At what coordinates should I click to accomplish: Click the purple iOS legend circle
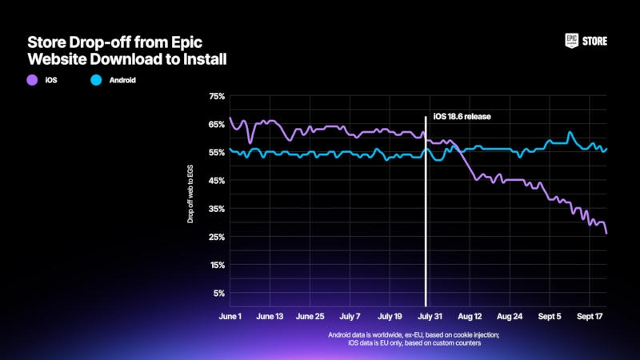pyautogui.click(x=33, y=80)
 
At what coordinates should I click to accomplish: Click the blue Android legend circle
pyautogui.click(x=94, y=80)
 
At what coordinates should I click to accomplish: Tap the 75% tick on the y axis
pyautogui.click(x=216, y=97)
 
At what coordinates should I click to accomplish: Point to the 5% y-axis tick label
pyautogui.click(x=218, y=293)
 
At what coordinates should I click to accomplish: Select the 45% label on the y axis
pyautogui.click(x=216, y=181)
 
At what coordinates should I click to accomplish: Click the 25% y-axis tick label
pyautogui.click(x=216, y=237)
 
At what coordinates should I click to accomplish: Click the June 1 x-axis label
pyautogui.click(x=230, y=317)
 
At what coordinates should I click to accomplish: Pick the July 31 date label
pyautogui.click(x=430, y=317)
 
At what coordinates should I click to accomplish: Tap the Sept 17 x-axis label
pyautogui.click(x=589, y=317)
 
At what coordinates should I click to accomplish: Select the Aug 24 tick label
pyautogui.click(x=509, y=317)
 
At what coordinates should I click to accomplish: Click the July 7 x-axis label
pyautogui.click(x=350, y=317)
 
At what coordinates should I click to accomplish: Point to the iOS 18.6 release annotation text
pyautogui.click(x=462, y=116)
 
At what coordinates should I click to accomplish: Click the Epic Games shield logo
pyautogui.click(x=572, y=41)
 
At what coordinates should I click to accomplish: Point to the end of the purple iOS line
pyautogui.click(x=606, y=234)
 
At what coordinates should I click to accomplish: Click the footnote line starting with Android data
pyautogui.click(x=414, y=334)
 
